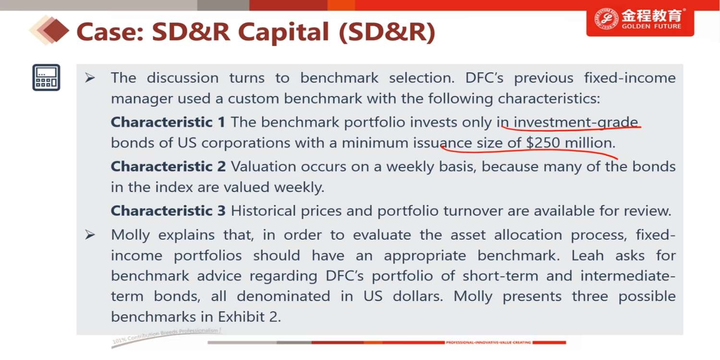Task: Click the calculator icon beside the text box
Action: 46,77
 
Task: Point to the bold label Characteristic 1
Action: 168,122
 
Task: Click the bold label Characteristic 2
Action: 168,167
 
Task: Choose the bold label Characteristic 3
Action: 168,211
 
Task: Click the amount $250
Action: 543,143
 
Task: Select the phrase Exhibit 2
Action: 249,317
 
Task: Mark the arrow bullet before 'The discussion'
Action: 90,78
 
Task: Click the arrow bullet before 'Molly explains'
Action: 90,235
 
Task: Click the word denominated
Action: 283,296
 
